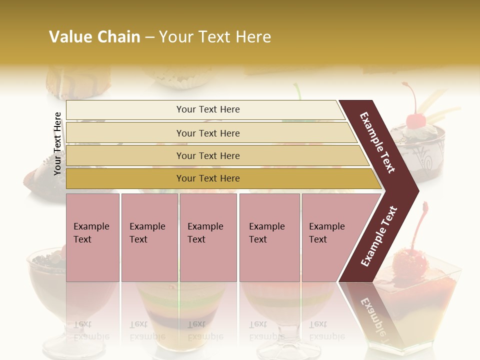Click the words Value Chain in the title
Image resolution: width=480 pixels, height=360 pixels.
[94, 37]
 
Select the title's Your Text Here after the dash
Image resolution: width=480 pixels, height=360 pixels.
[215, 37]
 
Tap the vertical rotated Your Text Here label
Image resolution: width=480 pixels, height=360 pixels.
[57, 143]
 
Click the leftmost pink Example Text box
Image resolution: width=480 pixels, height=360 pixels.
[92, 237]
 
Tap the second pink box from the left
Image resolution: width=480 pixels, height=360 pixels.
[149, 237]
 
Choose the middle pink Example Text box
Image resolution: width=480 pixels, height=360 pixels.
[208, 237]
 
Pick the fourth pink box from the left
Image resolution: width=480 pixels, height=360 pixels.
[269, 237]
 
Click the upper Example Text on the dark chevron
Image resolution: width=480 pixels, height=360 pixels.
[378, 142]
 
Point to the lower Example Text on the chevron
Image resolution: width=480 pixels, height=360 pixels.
[379, 236]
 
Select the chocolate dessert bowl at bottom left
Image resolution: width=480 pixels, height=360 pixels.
[46, 272]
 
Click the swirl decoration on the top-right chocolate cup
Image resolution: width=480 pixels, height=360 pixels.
[428, 162]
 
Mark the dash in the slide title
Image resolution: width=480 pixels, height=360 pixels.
[149, 37]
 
